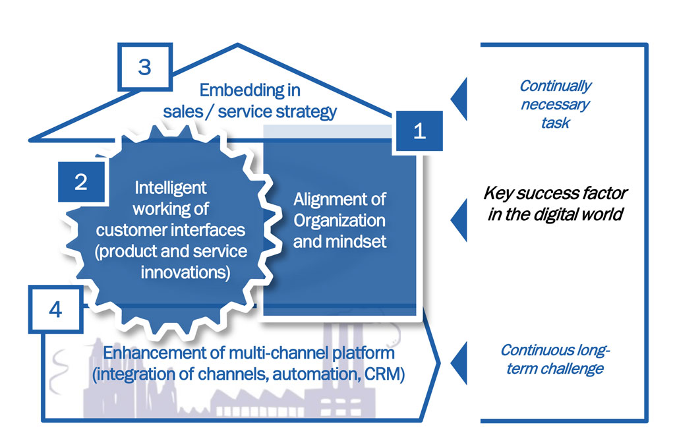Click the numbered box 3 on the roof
(145, 67)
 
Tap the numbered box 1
(419, 131)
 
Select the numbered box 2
(81, 182)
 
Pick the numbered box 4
(55, 309)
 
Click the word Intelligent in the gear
(171, 188)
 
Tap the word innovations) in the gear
(185, 272)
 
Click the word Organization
(339, 220)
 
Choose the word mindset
(356, 241)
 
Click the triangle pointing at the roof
(459, 99)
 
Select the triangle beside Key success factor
(459, 220)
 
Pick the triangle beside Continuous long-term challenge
(459, 363)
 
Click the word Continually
(555, 86)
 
